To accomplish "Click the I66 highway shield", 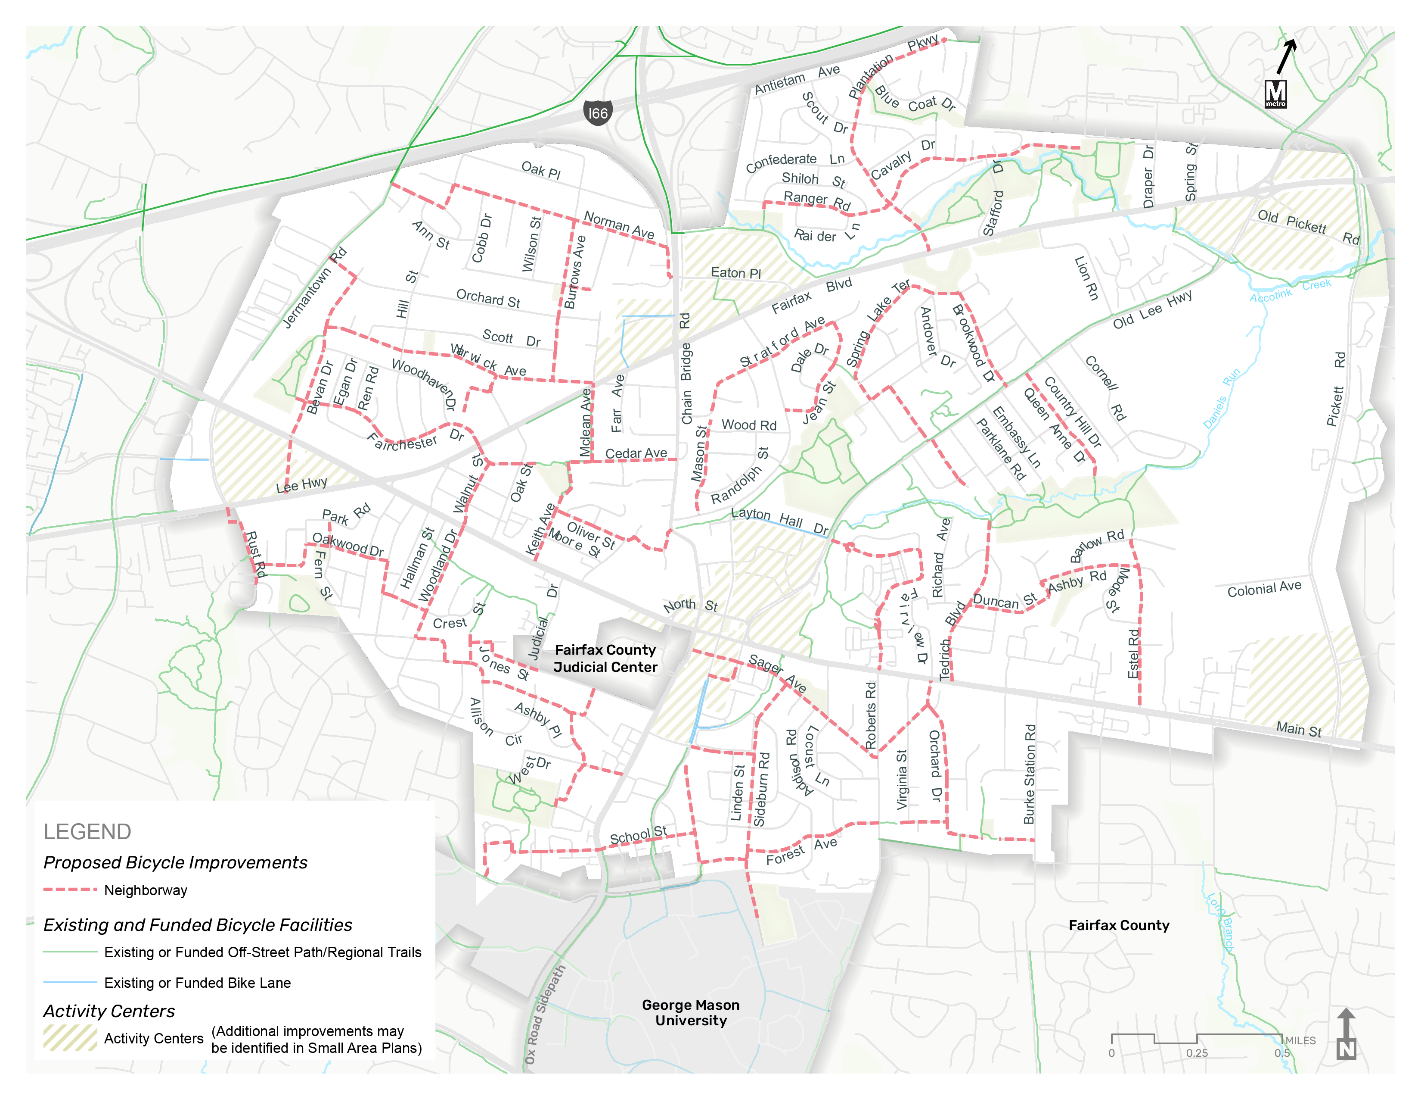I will (597, 113).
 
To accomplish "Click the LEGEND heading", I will (87, 831).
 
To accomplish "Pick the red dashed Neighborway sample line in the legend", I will (70, 890).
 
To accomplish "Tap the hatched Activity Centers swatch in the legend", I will (70, 1038).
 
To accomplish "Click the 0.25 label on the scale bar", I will (1197, 1053).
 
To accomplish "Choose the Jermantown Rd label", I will (314, 288).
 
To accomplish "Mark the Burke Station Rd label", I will (1029, 774).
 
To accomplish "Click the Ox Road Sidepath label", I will (545, 1015).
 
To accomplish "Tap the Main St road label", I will (1299, 729).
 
